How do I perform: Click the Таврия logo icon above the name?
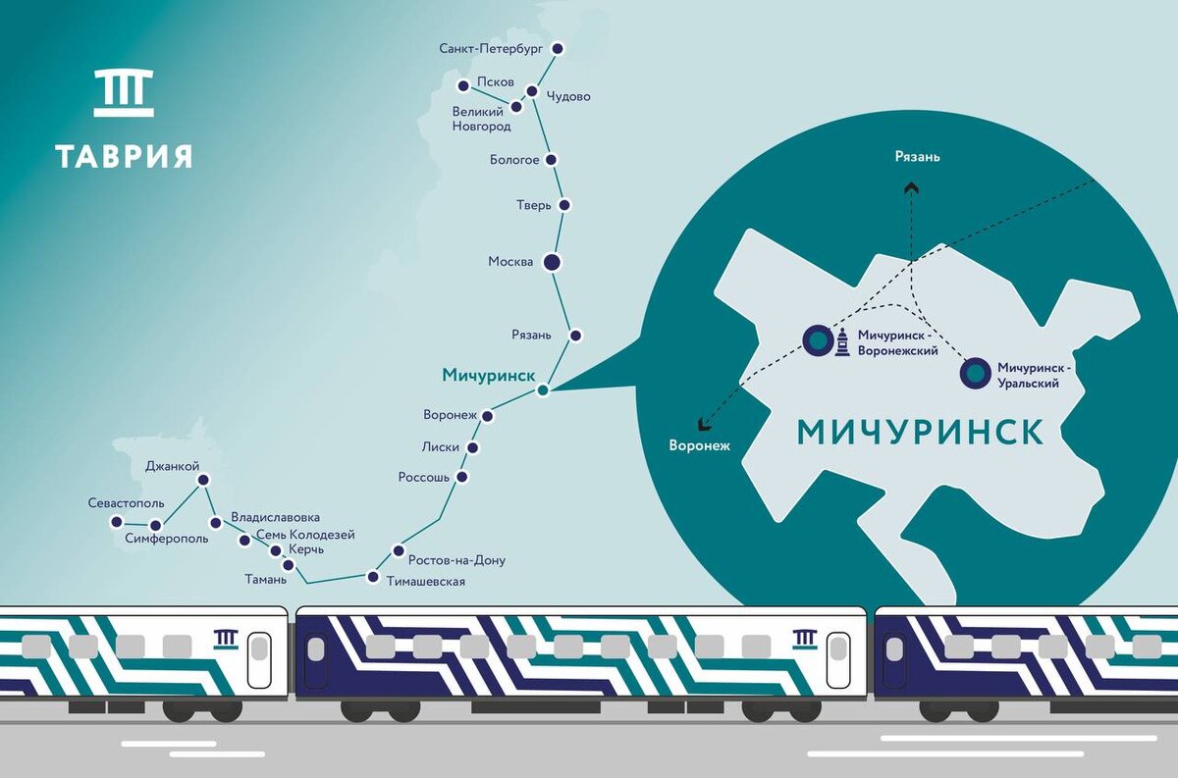pyautogui.click(x=124, y=93)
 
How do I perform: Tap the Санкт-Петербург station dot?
pyautogui.click(x=559, y=47)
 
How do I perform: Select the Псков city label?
pyautogui.click(x=495, y=82)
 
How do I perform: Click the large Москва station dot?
pyautogui.click(x=551, y=262)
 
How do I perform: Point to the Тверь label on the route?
pyautogui.click(x=534, y=205)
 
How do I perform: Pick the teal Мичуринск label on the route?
pyautogui.click(x=488, y=376)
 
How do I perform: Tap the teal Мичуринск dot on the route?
pyautogui.click(x=542, y=391)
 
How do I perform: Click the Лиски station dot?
pyautogui.click(x=473, y=447)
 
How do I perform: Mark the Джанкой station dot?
pyautogui.click(x=203, y=480)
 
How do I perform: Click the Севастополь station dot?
pyautogui.click(x=117, y=522)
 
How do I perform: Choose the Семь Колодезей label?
pyautogui.click(x=305, y=535)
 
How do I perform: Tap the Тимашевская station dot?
pyautogui.click(x=372, y=576)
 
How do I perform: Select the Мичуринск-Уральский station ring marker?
pyautogui.click(x=974, y=374)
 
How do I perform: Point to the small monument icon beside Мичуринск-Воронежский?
pyautogui.click(x=842, y=343)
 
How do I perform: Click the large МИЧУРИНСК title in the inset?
pyautogui.click(x=919, y=432)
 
